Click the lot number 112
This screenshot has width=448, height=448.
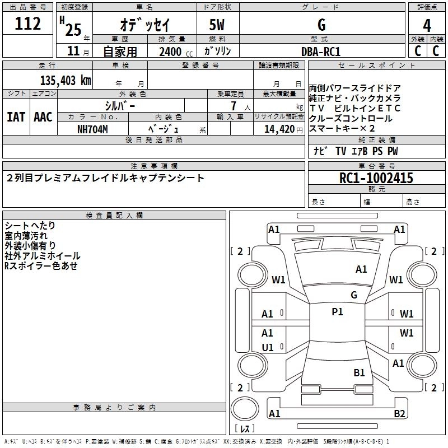(x=28, y=24)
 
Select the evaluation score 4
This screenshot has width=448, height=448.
(x=427, y=26)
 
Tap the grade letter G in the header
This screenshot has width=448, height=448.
(x=321, y=25)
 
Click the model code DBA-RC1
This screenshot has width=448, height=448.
(x=321, y=51)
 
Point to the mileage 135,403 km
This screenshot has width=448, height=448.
(x=66, y=80)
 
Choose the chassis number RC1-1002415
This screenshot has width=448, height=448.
(x=376, y=178)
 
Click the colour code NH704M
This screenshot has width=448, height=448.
(x=92, y=128)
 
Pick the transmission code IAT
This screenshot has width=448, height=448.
(x=16, y=116)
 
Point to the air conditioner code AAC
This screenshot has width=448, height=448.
(x=43, y=116)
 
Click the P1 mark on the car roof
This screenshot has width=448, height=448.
(x=337, y=312)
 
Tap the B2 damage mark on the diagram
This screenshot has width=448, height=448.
(x=399, y=414)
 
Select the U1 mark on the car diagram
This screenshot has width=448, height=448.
(x=268, y=347)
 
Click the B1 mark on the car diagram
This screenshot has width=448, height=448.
(x=359, y=372)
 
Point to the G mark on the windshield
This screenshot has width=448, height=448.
(x=354, y=295)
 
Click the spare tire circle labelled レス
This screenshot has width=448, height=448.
(x=245, y=429)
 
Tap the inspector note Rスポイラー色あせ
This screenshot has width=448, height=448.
(x=41, y=266)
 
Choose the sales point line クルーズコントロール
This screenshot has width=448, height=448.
(x=351, y=118)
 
